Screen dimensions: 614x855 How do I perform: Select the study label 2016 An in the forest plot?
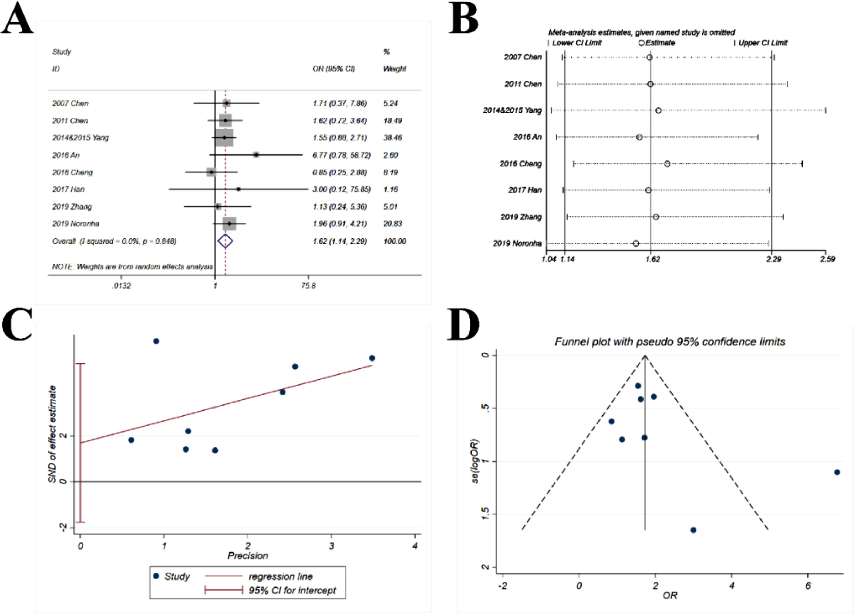66,155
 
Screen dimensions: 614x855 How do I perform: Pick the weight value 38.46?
392,137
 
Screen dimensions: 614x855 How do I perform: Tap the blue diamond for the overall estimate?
225,241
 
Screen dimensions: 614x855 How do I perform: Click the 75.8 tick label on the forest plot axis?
308,286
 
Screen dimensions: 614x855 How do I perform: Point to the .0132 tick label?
121,286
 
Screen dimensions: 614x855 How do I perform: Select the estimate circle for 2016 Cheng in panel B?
667,164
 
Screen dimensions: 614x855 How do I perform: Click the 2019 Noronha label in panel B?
517,243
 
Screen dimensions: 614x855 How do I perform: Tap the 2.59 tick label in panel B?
827,259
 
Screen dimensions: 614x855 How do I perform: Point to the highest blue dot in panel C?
156,341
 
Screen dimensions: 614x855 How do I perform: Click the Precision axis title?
248,556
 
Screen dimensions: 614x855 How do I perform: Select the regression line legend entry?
280,576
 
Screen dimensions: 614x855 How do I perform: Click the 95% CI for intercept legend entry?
292,590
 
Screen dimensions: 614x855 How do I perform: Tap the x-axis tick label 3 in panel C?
332,546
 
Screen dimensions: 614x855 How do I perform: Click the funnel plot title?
670,342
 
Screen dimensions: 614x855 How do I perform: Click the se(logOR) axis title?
476,461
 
